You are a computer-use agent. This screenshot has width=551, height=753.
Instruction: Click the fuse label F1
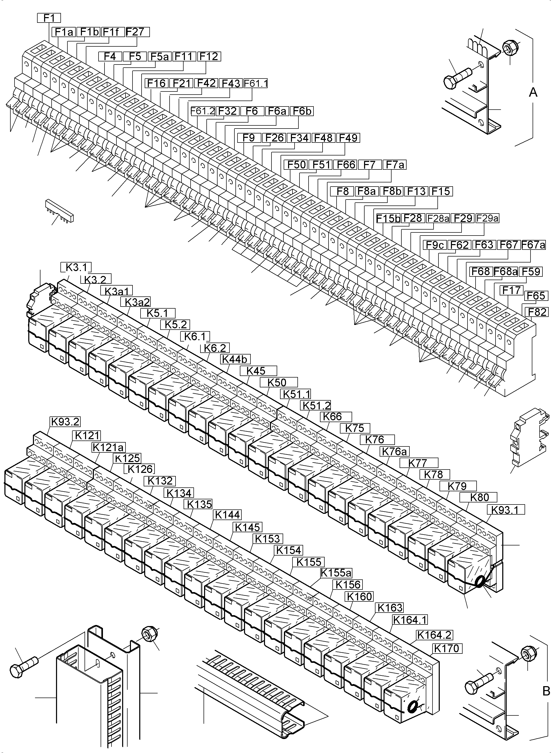pyautogui.click(x=49, y=18)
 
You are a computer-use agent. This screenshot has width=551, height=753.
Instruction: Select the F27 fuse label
pyautogui.click(x=137, y=32)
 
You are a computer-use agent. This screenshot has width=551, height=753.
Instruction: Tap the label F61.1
pyautogui.click(x=256, y=83)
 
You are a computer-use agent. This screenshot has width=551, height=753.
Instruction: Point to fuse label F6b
pyautogui.click(x=302, y=111)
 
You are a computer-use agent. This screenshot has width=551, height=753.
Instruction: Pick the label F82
pyautogui.click(x=536, y=312)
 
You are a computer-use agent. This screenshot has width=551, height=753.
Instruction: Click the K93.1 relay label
pyautogui.click(x=506, y=510)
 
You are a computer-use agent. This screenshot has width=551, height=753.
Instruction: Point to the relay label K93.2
pyautogui.click(x=65, y=422)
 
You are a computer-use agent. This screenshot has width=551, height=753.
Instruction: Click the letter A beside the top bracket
pyautogui.click(x=533, y=92)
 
